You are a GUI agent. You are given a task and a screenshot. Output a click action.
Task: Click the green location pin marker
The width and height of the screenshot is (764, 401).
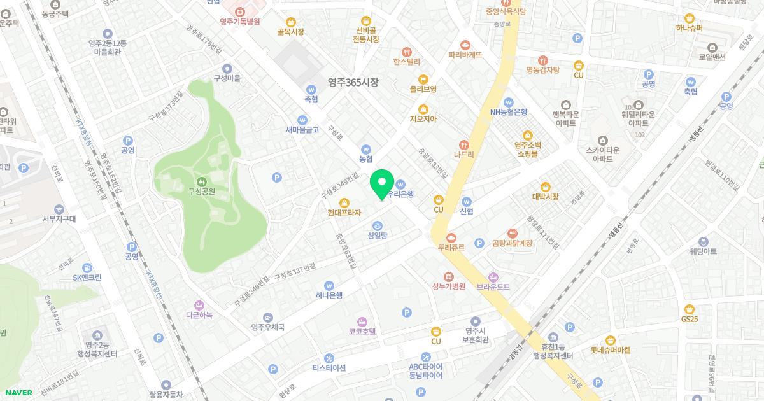[x=381, y=185]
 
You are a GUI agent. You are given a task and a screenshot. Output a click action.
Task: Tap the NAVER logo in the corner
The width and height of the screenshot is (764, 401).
[x=17, y=393]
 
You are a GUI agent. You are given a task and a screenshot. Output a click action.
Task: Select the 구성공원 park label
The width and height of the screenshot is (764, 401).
[x=201, y=191]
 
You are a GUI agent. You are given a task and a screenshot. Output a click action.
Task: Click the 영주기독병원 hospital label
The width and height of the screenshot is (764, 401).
[x=241, y=21]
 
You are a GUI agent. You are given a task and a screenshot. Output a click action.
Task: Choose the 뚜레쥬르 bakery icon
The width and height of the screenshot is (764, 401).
[x=451, y=237]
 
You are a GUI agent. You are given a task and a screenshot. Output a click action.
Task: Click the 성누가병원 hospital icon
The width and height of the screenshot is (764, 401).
[x=449, y=276]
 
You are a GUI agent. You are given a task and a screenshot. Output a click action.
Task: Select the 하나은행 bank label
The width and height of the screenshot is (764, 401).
[x=329, y=295]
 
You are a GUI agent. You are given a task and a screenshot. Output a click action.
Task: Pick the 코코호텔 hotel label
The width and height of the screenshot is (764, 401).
[x=362, y=331]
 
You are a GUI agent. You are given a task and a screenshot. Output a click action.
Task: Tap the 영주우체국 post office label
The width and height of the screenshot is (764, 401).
[x=267, y=327]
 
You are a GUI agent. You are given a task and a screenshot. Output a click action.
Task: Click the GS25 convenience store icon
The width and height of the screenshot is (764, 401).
[x=690, y=309]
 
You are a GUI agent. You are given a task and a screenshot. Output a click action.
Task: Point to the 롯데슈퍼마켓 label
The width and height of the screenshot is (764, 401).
[x=610, y=349]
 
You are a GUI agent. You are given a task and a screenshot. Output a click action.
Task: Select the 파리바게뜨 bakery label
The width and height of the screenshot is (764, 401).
[x=465, y=55]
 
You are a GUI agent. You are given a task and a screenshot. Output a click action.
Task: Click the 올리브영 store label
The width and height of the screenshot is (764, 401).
[x=423, y=89]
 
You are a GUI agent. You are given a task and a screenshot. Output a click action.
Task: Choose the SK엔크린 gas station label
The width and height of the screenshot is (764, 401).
[x=87, y=277]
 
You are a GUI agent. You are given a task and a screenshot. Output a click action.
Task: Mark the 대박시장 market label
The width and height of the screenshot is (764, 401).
[x=545, y=197]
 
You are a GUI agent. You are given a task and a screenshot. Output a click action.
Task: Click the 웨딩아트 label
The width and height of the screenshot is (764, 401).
[x=703, y=251]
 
